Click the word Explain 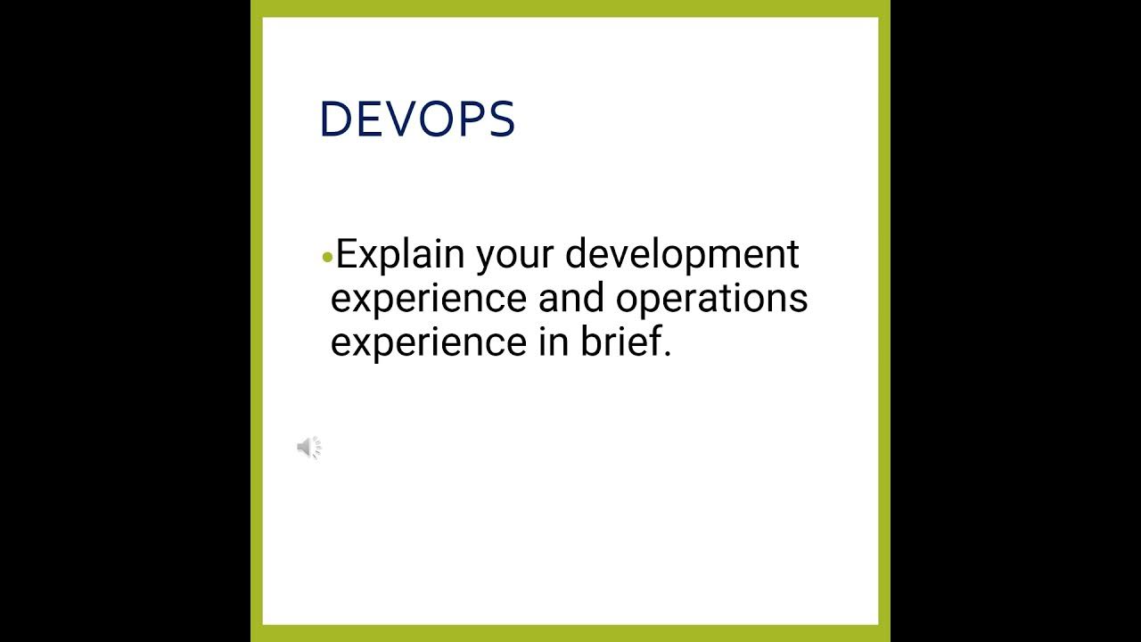coord(400,255)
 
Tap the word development coord(682,255)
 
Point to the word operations coord(711,299)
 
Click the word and coord(572,297)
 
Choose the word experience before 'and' coord(429,299)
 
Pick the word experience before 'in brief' coord(429,342)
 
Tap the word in coord(553,341)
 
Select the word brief coord(620,341)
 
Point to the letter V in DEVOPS coord(400,119)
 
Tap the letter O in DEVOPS coord(435,119)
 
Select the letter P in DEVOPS coord(472,119)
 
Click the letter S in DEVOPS coord(502,119)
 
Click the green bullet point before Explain coord(327,258)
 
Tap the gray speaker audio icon coord(308,448)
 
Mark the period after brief coord(667,354)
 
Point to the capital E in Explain coord(346,254)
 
